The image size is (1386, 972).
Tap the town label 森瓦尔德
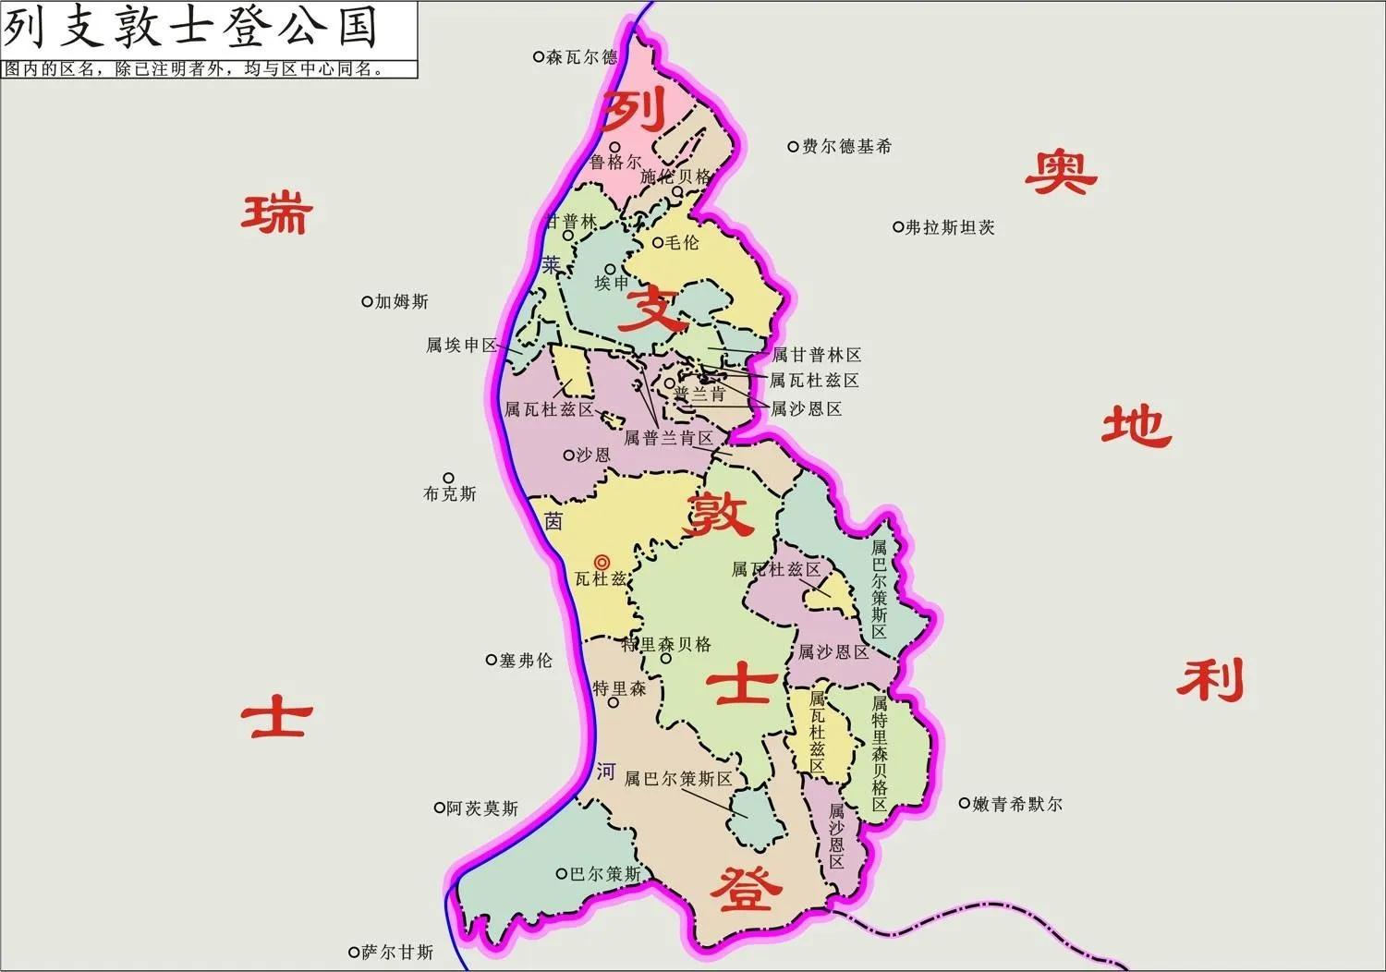581,57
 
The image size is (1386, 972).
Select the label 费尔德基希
846,146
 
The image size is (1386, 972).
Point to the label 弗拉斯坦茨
950,227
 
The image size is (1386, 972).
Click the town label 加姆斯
402,302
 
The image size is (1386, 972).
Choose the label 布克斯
450,494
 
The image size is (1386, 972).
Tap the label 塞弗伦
526,661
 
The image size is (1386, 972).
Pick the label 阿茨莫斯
482,808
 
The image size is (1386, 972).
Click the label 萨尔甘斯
397,952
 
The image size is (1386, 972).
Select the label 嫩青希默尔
1017,804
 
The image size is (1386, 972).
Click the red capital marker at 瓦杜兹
602,562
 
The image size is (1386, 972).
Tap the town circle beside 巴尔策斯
561,873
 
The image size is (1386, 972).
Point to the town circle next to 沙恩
568,455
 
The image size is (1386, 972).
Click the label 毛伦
683,243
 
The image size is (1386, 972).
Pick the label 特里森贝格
666,644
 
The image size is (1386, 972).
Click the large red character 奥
1060,173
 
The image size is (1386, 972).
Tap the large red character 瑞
277,213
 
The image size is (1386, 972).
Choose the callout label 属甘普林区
816,355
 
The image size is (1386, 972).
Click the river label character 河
605,772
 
